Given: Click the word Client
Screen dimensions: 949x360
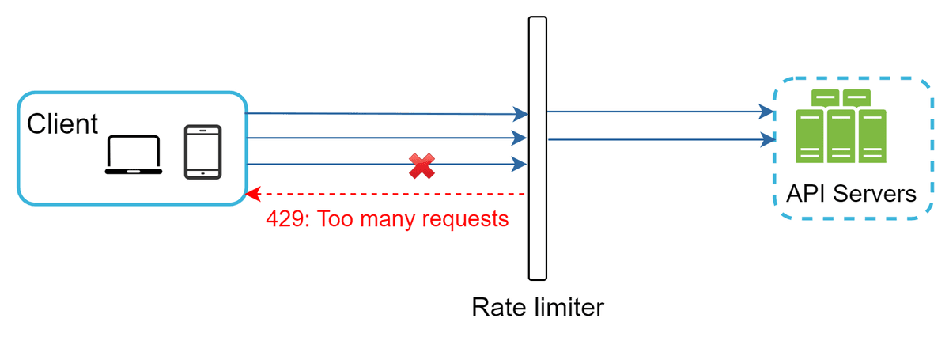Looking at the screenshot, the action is click(x=62, y=123).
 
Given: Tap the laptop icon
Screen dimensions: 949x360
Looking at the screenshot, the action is click(x=134, y=155).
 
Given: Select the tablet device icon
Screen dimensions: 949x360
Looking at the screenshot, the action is click(x=203, y=152).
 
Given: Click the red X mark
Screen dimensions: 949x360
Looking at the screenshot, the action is click(x=422, y=166).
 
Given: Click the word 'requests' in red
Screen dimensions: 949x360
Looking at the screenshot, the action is click(x=465, y=220).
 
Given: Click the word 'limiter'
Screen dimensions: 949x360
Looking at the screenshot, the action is click(x=569, y=307).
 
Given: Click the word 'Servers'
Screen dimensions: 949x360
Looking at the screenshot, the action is click(x=875, y=194).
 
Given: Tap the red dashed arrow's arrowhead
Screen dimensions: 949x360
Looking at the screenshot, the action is click(x=253, y=194).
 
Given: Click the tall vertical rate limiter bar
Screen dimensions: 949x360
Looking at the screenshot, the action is click(x=537, y=149).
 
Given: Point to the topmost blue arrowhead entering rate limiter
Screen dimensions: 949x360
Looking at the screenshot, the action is click(x=520, y=114).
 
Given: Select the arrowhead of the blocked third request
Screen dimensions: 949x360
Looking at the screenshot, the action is click(x=519, y=164).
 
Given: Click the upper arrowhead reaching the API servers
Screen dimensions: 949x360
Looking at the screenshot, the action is click(x=766, y=112).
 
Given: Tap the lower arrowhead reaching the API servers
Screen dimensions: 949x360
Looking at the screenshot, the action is click(x=768, y=139).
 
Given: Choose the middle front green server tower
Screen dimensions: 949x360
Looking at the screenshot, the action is click(x=841, y=136).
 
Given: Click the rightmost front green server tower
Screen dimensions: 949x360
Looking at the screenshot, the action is click(x=872, y=136).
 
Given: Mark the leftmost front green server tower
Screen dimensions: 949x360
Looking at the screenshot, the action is click(x=810, y=136).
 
